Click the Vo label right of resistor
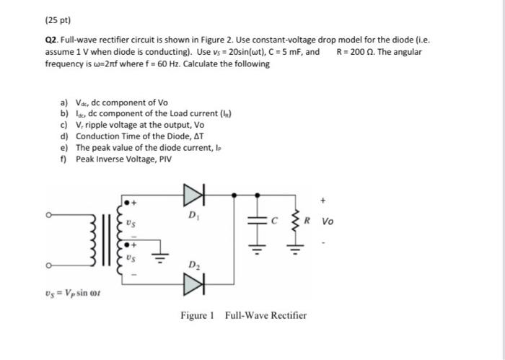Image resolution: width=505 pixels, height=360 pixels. tap(328, 221)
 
